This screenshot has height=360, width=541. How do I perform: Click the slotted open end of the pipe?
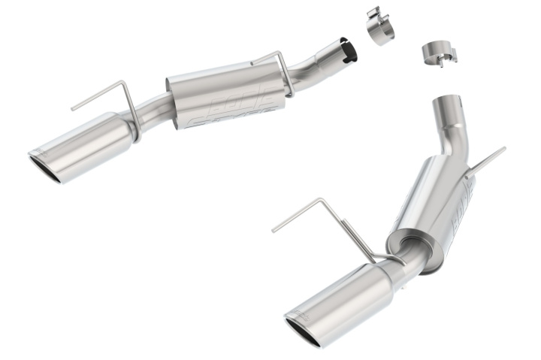[347, 49]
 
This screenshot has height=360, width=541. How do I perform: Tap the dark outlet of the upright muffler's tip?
[305, 331]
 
